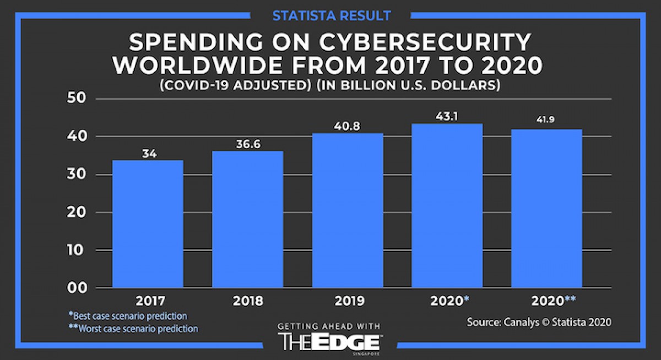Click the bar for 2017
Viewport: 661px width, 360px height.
tap(148, 224)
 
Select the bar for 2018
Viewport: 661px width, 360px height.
tap(247, 219)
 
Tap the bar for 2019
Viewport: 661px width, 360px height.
tap(347, 210)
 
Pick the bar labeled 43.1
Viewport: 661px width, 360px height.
tap(447, 206)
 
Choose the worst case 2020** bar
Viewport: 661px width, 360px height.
tap(546, 209)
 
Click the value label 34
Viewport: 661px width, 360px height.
tap(149, 154)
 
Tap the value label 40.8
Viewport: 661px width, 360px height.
tap(347, 126)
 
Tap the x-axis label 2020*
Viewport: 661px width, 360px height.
tap(449, 301)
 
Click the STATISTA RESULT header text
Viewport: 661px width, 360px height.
tap(331, 14)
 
